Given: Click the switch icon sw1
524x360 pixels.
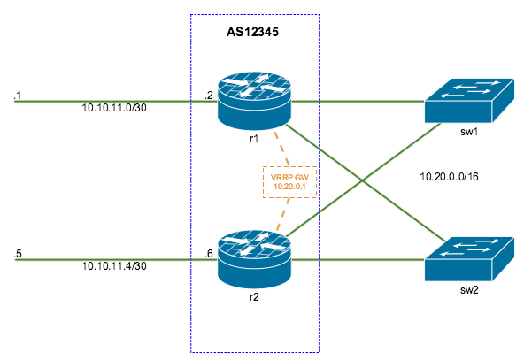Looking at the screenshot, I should pyautogui.click(x=468, y=100).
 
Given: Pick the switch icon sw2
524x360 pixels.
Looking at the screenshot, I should pyautogui.click(x=468, y=257).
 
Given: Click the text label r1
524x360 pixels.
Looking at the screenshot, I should pyautogui.click(x=254, y=140).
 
